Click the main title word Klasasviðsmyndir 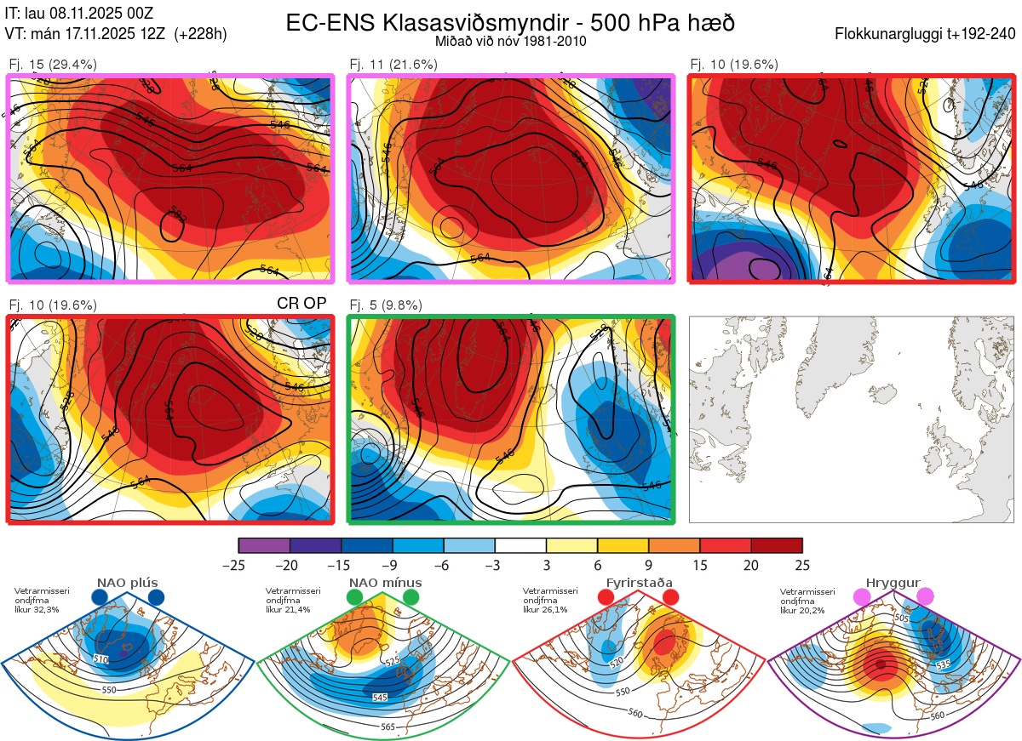(x=441, y=23)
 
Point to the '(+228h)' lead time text (x=200, y=34)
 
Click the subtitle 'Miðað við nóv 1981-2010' (x=510, y=41)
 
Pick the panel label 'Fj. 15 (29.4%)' (x=53, y=64)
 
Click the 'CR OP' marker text (x=301, y=304)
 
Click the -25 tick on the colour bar (x=238, y=565)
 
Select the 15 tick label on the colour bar (x=700, y=565)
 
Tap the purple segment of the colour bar (x=264, y=544)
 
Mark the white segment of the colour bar (x=520, y=544)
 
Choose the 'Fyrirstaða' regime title (x=639, y=583)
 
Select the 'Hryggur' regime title (x=893, y=583)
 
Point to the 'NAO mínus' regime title (x=385, y=583)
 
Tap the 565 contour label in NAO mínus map (x=388, y=727)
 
